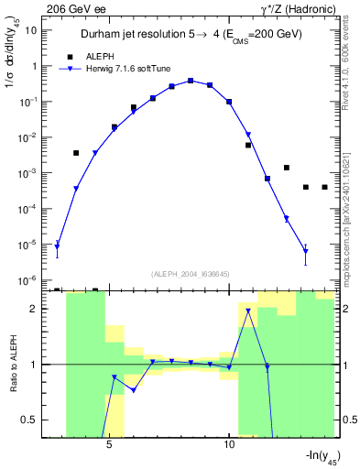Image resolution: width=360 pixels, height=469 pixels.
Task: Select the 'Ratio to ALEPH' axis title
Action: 13,364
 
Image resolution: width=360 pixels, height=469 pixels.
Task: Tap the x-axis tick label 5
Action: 109,445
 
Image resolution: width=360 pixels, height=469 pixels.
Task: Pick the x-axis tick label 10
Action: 229,445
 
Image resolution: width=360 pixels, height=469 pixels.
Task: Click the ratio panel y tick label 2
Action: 34,309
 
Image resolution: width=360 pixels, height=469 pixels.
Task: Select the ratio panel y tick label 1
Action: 34,365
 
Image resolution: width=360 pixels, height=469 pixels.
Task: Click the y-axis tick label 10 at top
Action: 30,30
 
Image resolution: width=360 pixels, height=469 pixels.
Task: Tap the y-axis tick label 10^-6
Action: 28,280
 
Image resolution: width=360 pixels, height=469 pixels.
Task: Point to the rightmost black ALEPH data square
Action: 325,187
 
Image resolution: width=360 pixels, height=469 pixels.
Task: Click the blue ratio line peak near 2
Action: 248,311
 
